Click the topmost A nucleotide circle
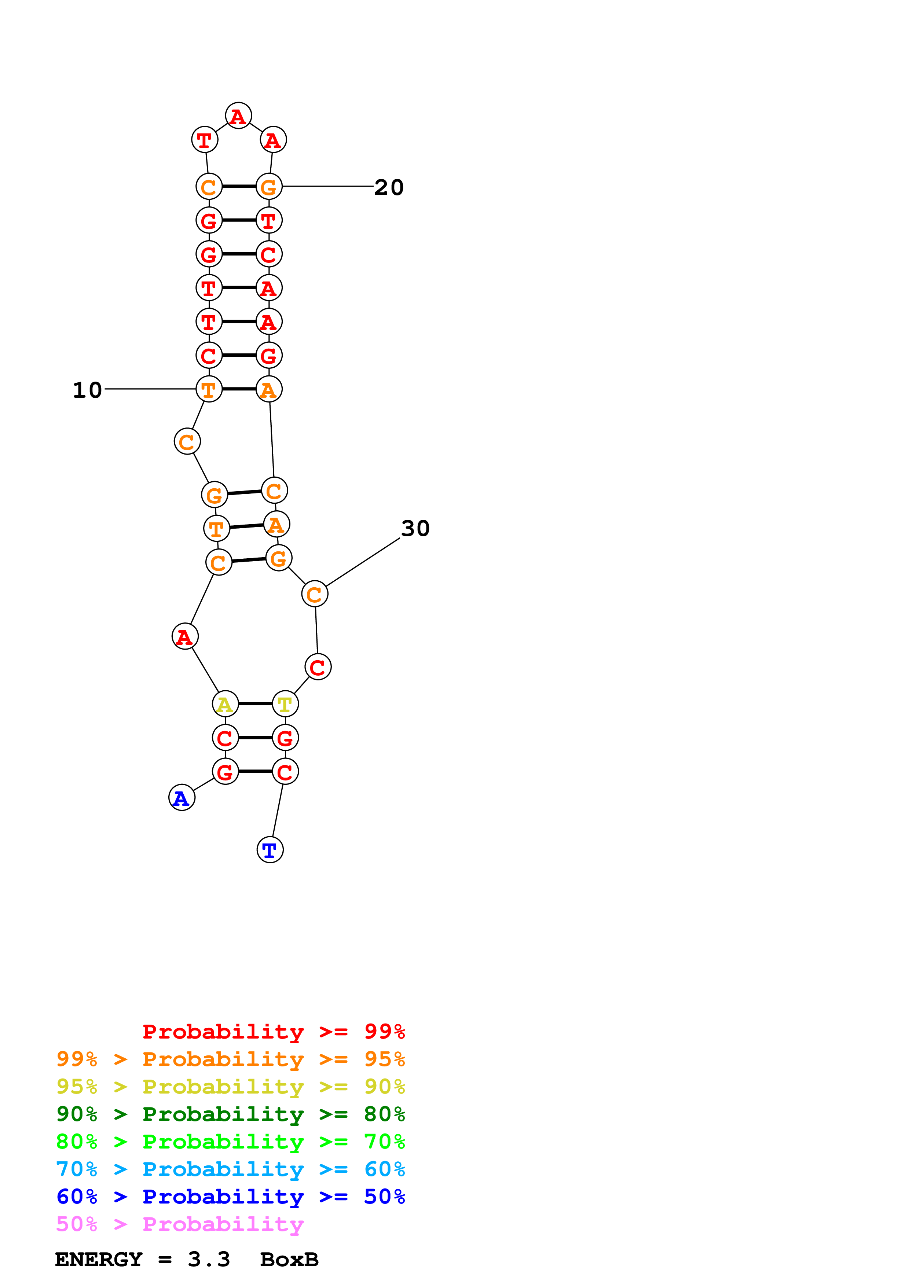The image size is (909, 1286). click(x=238, y=116)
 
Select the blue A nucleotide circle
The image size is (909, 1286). click(x=182, y=798)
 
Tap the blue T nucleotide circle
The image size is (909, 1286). click(x=270, y=850)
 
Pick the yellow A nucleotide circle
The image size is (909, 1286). click(x=225, y=704)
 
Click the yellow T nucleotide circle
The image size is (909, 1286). click(x=285, y=704)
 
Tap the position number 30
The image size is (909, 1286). click(x=415, y=528)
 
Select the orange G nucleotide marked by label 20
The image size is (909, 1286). click(x=269, y=187)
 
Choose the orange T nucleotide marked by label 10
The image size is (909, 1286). click(x=209, y=389)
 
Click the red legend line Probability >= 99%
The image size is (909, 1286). click(x=273, y=1031)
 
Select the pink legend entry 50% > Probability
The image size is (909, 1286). click(x=179, y=1224)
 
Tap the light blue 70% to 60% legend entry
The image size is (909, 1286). click(x=230, y=1169)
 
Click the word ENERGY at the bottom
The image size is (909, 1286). click(x=99, y=1260)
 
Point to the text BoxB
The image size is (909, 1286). click(x=289, y=1260)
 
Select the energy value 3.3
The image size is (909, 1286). click(x=209, y=1260)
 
